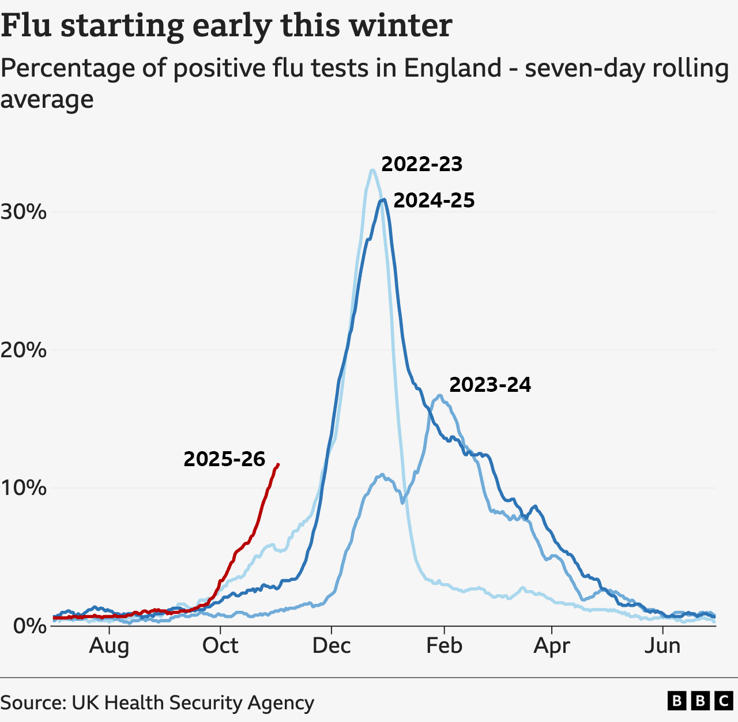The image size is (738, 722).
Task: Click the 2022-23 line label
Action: [421, 164]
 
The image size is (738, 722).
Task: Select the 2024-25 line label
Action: [434, 201]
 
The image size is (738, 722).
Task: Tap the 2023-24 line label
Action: [490, 384]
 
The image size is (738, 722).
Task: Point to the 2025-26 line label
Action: [224, 459]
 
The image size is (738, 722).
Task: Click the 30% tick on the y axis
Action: [23, 212]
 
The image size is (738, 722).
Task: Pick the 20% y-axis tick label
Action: [23, 350]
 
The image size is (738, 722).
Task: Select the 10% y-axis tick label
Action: [23, 487]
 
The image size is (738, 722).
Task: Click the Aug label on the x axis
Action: [109, 646]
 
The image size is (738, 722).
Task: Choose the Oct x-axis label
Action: [220, 646]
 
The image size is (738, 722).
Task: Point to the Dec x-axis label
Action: [332, 646]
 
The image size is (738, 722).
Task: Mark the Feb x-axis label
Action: [444, 646]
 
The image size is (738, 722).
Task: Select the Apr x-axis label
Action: [551, 646]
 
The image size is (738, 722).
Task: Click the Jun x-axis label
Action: [662, 646]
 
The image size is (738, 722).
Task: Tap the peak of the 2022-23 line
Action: [372, 170]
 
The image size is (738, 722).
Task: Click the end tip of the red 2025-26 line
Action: [278, 464]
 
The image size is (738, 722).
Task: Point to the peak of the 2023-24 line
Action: [439, 395]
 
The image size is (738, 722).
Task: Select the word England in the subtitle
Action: [452, 69]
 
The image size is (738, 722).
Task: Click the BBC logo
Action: [700, 701]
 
